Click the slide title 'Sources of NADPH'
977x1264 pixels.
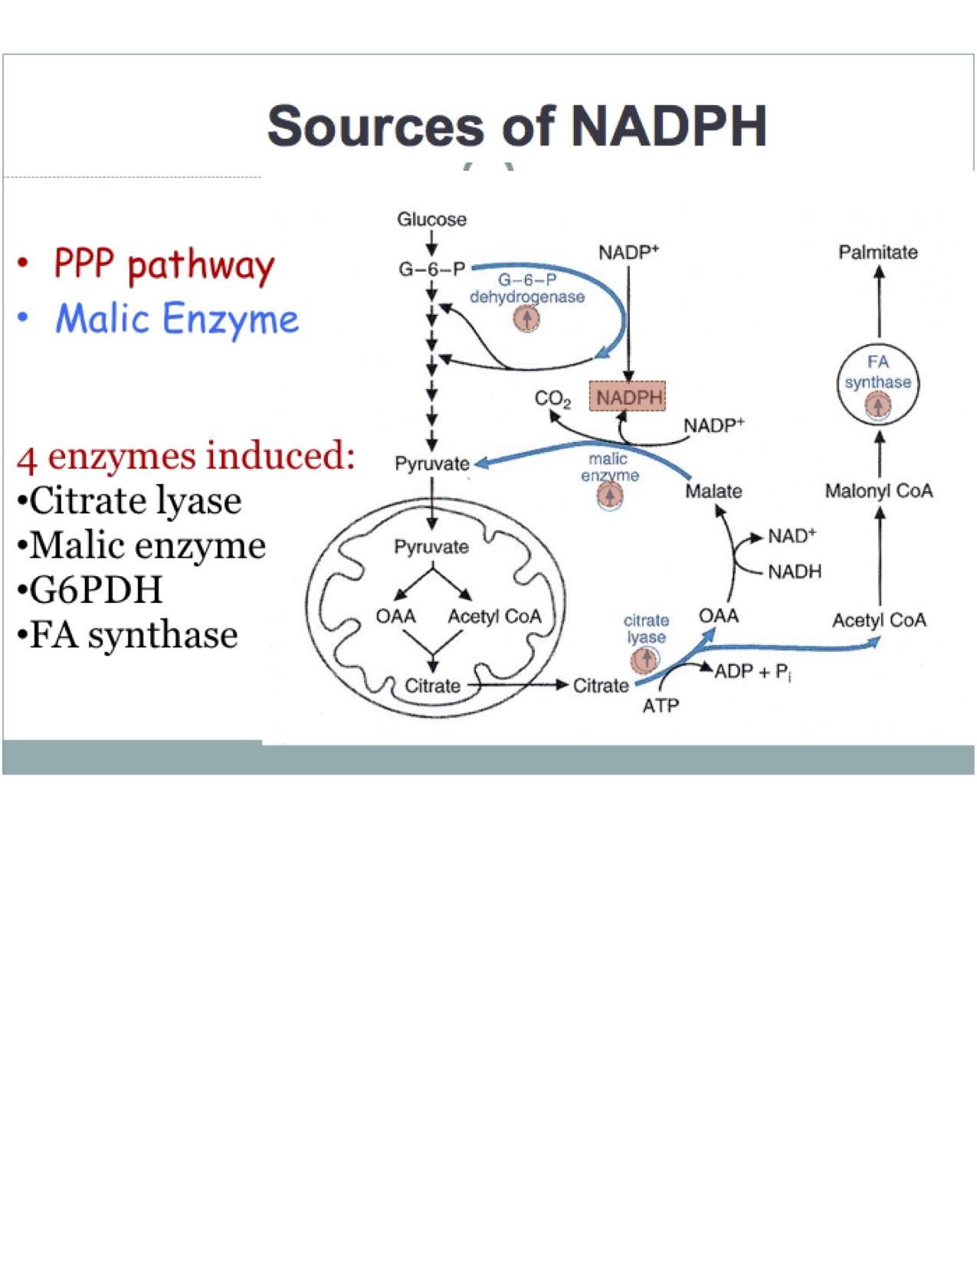pos(517,126)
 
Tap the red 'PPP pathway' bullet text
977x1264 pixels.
pos(164,265)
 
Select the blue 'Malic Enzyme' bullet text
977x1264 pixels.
pos(177,319)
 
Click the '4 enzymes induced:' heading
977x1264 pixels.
pos(185,457)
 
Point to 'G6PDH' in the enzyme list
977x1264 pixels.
pos(96,590)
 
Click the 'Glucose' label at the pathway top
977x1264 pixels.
pos(431,220)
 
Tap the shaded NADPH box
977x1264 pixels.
pos(628,398)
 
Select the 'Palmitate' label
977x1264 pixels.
pos(877,252)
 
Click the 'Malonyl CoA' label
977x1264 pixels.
pos(878,491)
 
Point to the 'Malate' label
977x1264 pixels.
pos(713,491)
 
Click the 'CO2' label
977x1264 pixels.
pos(552,399)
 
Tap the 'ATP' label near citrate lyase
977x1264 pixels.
pos(661,706)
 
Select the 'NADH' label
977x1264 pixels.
pos(795,571)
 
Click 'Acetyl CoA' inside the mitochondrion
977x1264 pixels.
pos(494,617)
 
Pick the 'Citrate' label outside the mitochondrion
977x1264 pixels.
pos(601,686)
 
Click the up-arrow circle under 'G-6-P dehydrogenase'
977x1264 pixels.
pos(526,318)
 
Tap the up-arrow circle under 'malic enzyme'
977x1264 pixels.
pos(610,496)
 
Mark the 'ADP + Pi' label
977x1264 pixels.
pos(752,672)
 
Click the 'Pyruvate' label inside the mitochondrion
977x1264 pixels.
pos(431,547)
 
